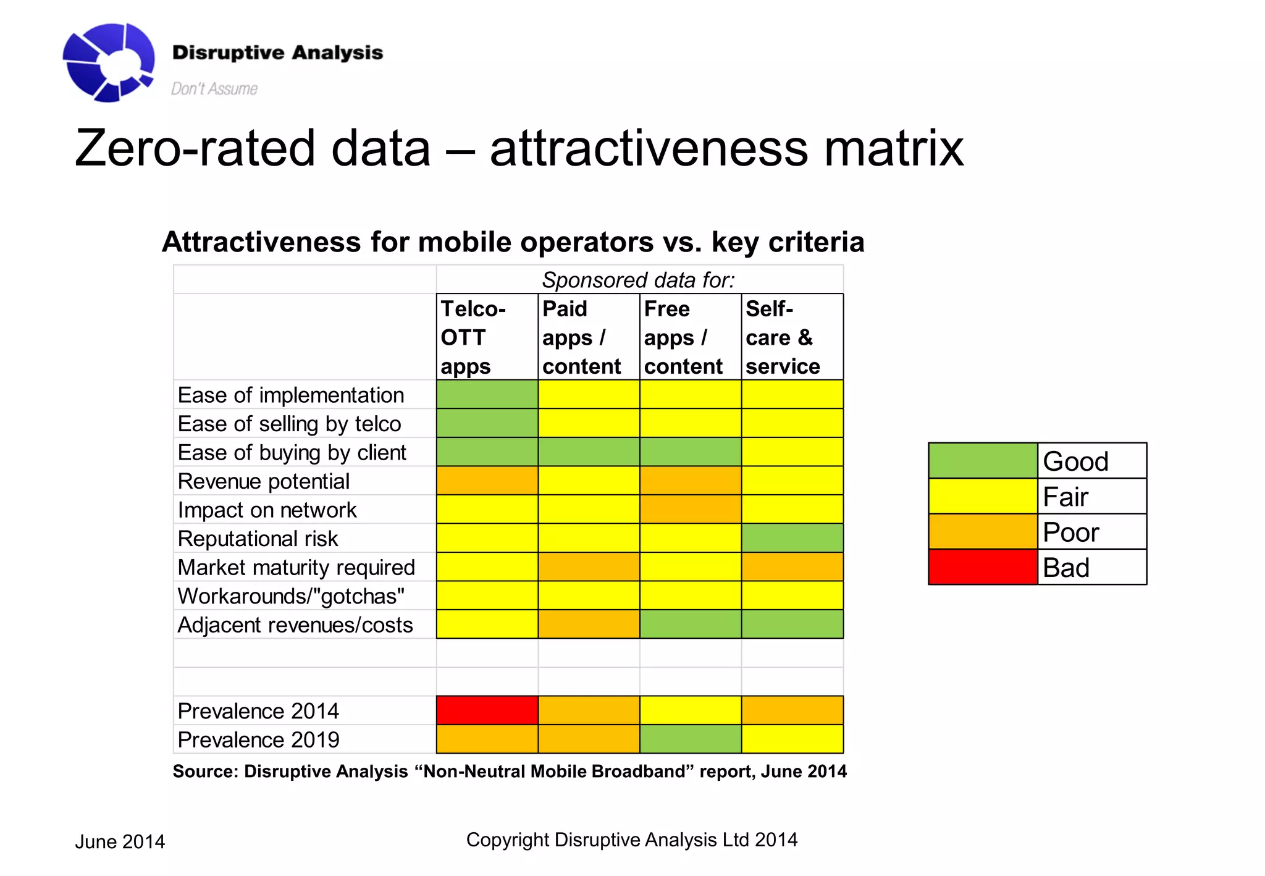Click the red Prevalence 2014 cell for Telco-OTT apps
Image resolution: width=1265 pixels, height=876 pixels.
[487, 710]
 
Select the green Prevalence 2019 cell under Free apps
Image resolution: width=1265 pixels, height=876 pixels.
[690, 739]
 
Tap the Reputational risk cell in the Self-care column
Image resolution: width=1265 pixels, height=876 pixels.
[792, 538]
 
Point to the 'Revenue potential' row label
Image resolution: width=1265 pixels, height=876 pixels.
[264, 481]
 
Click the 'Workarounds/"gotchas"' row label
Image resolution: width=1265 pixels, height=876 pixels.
[291, 596]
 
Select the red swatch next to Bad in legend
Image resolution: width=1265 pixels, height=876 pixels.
[982, 567]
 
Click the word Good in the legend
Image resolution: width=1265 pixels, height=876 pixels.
[1075, 461]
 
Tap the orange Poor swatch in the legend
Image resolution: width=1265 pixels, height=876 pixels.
[982, 532]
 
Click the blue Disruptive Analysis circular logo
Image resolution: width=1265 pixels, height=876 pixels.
[109, 62]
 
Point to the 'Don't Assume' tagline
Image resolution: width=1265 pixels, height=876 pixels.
[214, 89]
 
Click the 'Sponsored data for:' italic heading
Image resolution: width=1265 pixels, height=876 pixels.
[639, 280]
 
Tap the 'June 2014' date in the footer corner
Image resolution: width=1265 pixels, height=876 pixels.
[120, 841]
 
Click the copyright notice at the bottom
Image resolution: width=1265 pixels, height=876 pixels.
[631, 840]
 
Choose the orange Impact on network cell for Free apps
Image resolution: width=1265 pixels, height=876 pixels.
[690, 509]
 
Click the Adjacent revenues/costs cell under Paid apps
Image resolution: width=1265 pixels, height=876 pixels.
[588, 624]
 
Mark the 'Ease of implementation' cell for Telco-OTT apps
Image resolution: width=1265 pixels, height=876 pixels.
[487, 394]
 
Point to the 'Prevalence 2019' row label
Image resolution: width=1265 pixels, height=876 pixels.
[258, 739]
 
